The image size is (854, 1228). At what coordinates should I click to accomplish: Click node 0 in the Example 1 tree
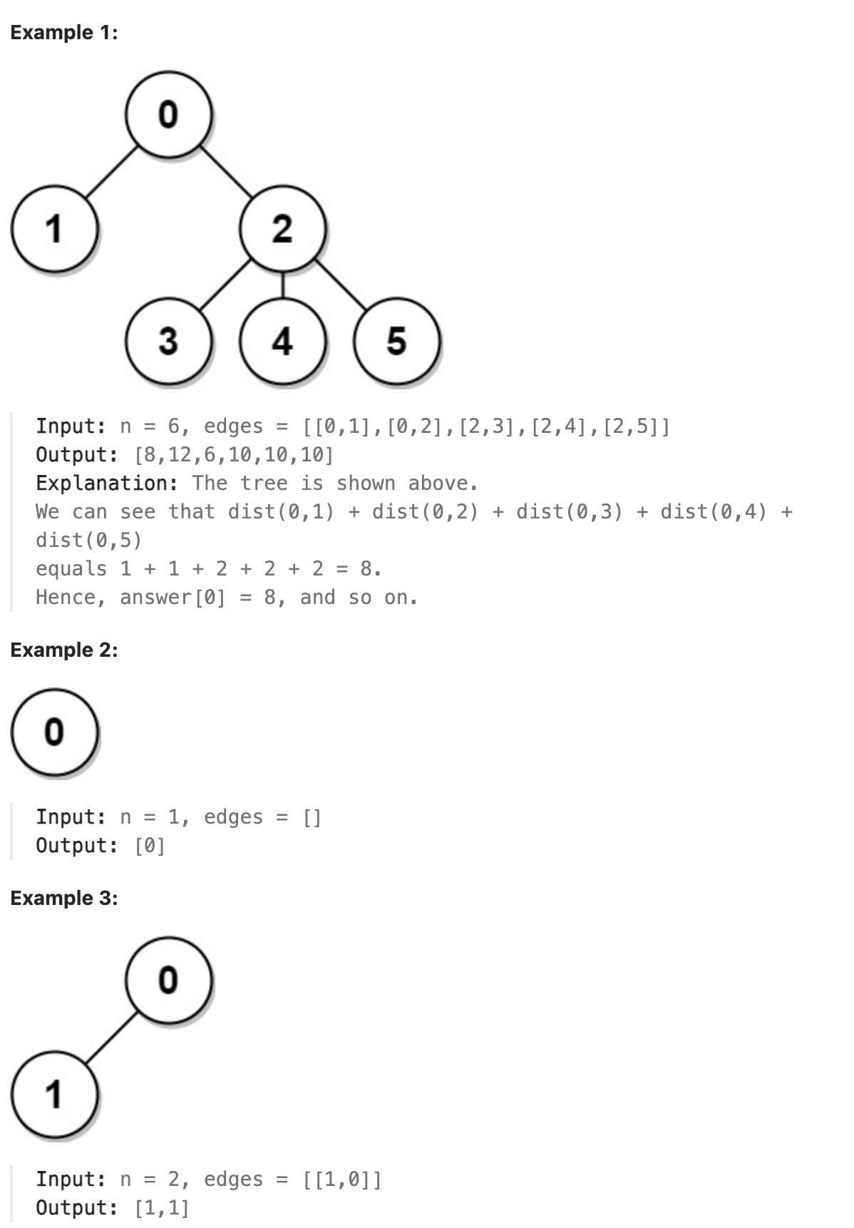[168, 114]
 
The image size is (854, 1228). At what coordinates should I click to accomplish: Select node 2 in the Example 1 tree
[282, 228]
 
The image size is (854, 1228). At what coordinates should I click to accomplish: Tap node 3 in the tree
[168, 341]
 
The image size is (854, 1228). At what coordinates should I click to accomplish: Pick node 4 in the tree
[282, 341]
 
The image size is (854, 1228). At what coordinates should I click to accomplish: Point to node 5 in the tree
[396, 341]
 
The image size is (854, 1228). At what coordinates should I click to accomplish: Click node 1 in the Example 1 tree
[54, 228]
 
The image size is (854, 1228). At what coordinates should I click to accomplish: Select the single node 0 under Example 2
[54, 732]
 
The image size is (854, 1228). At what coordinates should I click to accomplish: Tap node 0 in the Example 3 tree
[168, 980]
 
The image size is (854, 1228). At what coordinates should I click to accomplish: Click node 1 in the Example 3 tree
[54, 1094]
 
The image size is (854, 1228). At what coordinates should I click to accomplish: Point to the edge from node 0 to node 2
[225, 171]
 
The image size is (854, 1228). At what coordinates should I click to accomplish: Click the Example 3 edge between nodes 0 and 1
[111, 1037]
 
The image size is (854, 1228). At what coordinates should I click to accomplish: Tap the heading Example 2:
[64, 650]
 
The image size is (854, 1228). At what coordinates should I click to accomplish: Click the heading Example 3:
[64, 898]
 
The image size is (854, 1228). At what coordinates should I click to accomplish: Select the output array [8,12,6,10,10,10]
[234, 455]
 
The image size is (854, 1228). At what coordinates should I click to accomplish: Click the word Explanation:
[107, 483]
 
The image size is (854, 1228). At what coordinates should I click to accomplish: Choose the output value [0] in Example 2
[150, 846]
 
